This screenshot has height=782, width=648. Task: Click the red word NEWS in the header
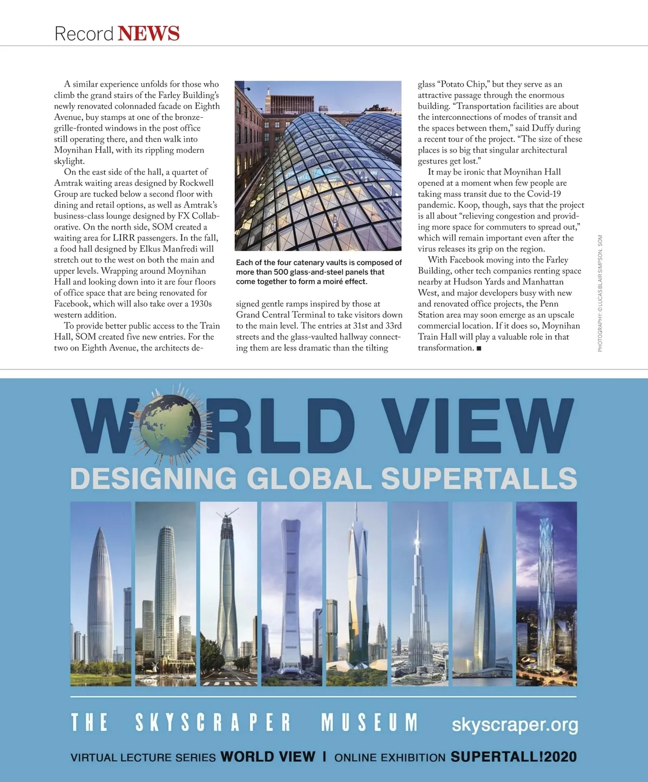point(148,33)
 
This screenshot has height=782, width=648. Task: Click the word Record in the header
point(84,34)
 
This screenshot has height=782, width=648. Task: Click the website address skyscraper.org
point(515,725)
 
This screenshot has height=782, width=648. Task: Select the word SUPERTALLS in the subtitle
point(479,478)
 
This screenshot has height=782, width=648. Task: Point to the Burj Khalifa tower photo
point(419,594)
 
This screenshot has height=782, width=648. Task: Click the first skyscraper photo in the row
point(101,594)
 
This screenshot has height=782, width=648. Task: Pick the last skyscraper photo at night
point(546,594)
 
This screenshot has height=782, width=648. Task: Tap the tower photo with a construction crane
point(228,594)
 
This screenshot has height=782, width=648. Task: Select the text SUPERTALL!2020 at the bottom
point(514,757)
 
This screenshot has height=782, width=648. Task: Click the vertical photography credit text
point(600,294)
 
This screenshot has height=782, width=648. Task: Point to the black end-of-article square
point(479,348)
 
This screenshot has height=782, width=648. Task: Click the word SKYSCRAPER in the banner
point(213,723)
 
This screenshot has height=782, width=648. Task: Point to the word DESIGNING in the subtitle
point(154,478)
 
